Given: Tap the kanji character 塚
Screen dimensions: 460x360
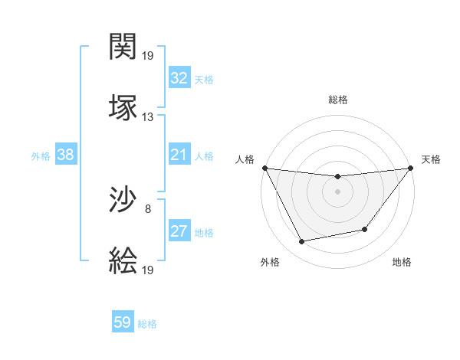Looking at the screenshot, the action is [123, 106].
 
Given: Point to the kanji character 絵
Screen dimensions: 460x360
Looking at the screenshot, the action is [123, 260].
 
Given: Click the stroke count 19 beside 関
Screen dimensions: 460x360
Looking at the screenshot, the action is [148, 56].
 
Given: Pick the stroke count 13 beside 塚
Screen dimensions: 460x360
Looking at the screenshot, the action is [148, 116].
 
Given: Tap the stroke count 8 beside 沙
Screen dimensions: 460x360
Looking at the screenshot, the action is [148, 208].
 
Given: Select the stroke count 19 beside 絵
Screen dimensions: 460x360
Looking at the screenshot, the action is [148, 270].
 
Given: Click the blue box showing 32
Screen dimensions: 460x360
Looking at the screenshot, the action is [179, 78].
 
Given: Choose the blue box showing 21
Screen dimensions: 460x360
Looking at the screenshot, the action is [179, 155].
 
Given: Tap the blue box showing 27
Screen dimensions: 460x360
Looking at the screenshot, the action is [179, 231].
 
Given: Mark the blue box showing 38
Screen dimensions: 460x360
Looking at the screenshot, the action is [66, 155].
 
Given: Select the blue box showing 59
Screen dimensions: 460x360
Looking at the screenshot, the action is [123, 322].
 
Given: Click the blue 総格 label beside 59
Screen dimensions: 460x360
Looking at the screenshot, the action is [147, 324].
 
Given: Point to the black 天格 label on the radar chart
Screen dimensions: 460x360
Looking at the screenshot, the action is [431, 159].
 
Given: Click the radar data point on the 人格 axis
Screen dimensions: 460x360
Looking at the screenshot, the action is [265, 168].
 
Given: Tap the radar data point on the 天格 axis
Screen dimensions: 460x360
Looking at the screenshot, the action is [410, 168].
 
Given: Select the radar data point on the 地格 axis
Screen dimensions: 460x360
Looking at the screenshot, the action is [365, 229].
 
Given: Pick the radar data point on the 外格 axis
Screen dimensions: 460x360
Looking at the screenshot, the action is [302, 242].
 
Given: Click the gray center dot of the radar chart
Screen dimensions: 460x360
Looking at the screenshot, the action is [337, 191].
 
